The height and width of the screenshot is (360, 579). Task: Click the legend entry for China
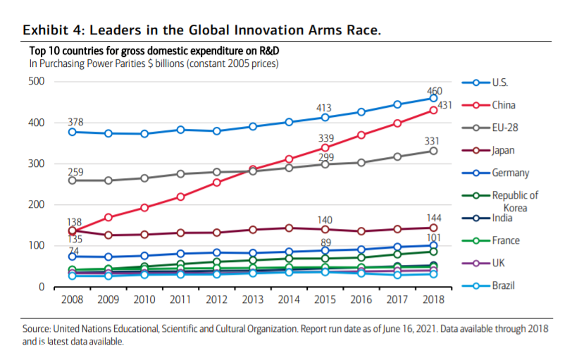(x=503, y=105)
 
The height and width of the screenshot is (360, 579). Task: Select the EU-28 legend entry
(x=504, y=128)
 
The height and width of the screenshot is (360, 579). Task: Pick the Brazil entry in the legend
(x=503, y=285)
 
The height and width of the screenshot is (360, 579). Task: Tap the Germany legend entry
(x=510, y=173)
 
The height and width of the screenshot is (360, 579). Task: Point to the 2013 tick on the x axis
(x=252, y=301)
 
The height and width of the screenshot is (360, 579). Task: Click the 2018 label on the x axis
(x=433, y=301)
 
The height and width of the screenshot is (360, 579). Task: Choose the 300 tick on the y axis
(x=37, y=163)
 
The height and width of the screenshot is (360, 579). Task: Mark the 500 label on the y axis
(x=37, y=82)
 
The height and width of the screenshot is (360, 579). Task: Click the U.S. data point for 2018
(x=433, y=98)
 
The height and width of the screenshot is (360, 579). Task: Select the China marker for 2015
(x=325, y=147)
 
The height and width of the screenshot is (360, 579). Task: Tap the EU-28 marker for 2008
(x=72, y=180)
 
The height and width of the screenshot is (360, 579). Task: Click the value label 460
(x=435, y=92)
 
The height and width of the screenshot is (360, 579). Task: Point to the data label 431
(x=445, y=105)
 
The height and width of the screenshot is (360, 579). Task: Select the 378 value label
(x=75, y=122)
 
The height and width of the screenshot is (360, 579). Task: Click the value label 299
(x=325, y=156)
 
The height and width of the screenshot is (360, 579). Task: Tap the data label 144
(x=435, y=218)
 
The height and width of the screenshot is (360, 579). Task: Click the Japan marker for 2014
(x=289, y=228)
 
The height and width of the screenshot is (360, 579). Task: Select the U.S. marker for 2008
(x=72, y=132)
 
